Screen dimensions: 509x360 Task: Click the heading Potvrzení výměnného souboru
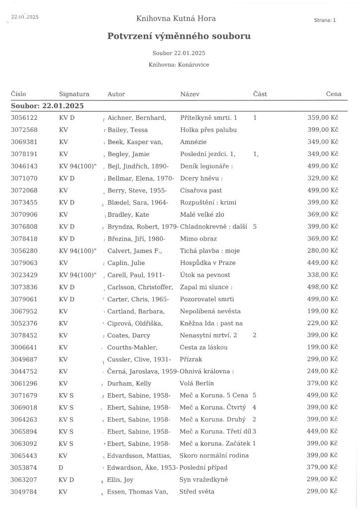click(179, 36)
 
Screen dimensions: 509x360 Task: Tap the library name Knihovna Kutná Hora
click(176, 19)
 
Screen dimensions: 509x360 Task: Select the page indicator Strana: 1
click(325, 20)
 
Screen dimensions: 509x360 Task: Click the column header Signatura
click(74, 94)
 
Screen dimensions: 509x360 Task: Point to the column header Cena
click(334, 94)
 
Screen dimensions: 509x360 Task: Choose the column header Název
click(190, 94)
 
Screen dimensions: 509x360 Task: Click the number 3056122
click(24, 118)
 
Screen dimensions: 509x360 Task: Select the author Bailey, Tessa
click(129, 130)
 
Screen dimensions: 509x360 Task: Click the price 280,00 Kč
click(323, 251)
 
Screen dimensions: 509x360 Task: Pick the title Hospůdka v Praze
click(208, 263)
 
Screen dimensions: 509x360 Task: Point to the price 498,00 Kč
click(323, 287)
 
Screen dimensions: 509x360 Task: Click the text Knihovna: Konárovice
click(179, 65)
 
